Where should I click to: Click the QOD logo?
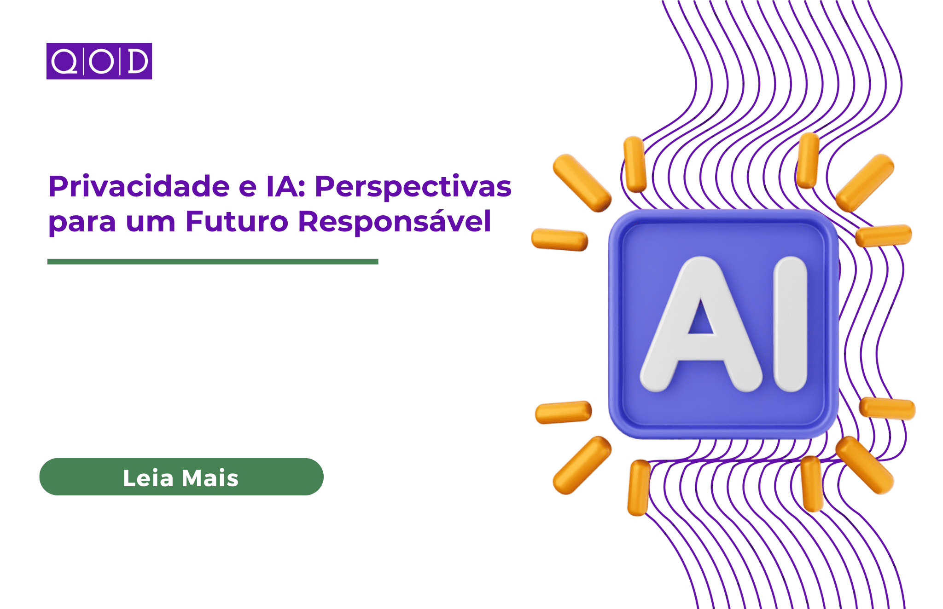coord(99,61)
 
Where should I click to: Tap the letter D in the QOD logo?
coord(137,61)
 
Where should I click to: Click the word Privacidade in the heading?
coord(139,186)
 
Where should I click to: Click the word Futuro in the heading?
coord(237,221)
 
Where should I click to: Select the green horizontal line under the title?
coord(213,262)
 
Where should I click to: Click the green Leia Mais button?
coord(181,477)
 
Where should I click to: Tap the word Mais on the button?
coord(210,478)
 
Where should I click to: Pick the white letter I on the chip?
coord(790,324)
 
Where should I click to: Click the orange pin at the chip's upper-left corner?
coord(582,183)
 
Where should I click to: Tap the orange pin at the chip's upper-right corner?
coord(865,183)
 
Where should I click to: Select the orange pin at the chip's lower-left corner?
coord(582,465)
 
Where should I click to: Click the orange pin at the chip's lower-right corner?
coord(865,465)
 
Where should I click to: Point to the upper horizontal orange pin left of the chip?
coord(559,240)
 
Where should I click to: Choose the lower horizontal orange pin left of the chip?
coord(563,412)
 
